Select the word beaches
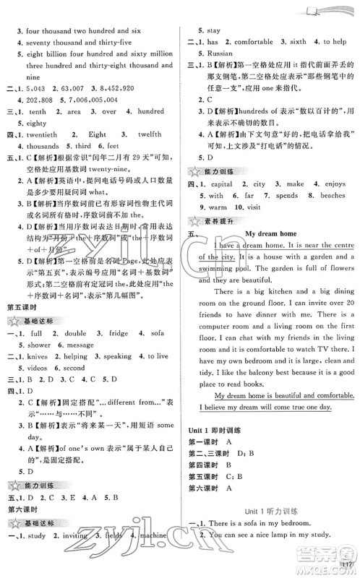coord(330,195)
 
